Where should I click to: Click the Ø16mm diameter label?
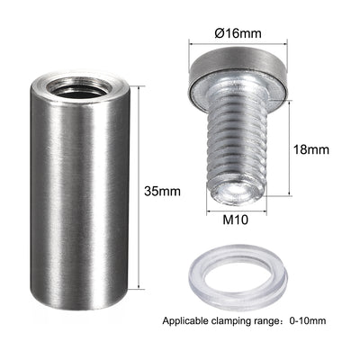238,32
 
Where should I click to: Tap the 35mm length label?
162,191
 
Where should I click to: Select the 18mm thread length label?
310,149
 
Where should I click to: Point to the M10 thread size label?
236,220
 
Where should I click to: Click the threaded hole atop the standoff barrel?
80,87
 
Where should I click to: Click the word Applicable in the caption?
185,321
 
